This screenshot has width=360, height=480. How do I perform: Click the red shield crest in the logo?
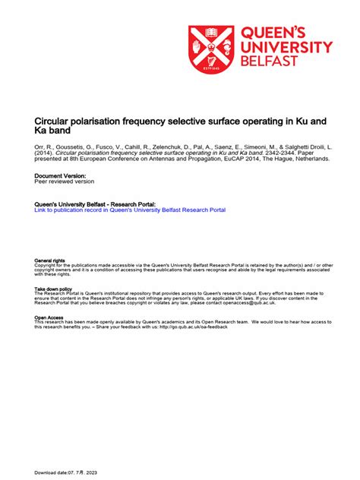(x=211, y=50)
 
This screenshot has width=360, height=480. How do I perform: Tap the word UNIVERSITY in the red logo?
(x=286, y=47)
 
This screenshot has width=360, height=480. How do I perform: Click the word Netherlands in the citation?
(x=308, y=159)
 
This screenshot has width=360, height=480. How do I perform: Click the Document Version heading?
(x=59, y=175)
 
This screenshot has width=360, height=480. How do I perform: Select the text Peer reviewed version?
(x=65, y=182)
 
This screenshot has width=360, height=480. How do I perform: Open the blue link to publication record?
(x=130, y=210)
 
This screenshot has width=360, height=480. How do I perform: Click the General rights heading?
(x=49, y=261)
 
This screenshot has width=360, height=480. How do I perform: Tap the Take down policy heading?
(x=53, y=289)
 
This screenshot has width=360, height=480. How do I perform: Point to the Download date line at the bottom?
(x=77, y=472)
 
